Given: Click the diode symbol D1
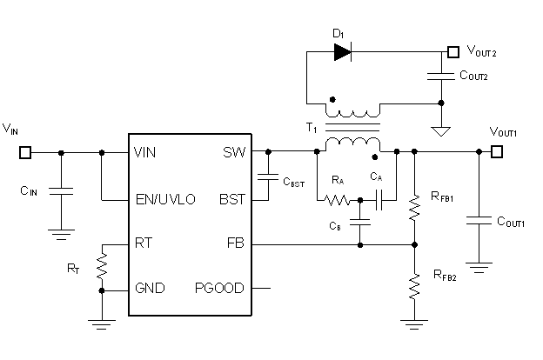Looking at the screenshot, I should [341, 51].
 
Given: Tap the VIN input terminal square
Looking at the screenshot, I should [25, 152].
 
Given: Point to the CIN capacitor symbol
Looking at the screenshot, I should [60, 190].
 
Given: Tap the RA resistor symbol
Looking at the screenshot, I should [338, 199].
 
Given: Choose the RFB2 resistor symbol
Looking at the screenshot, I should [413, 284].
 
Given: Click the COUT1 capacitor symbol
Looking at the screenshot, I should [478, 222].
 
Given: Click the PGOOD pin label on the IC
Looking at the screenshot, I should [219, 288].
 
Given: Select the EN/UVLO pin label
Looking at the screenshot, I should [165, 199].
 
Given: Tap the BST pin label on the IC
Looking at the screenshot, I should [231, 199].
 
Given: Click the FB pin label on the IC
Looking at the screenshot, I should [235, 243].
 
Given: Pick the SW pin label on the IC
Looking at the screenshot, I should [233, 152].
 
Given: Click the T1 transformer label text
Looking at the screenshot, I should [311, 128].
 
